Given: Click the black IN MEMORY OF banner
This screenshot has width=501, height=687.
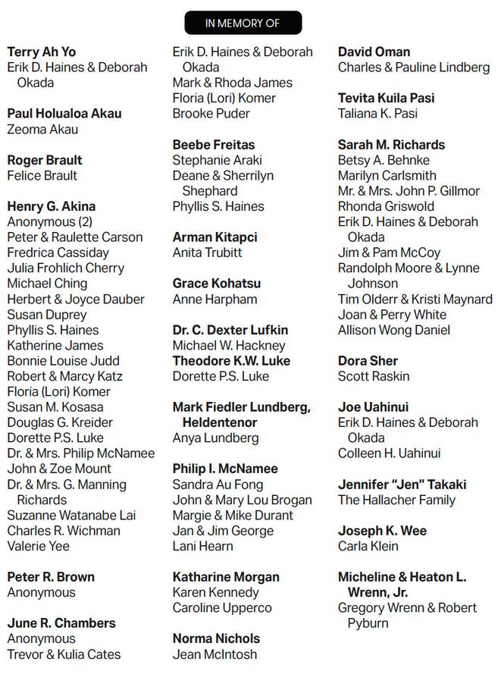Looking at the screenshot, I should [x=243, y=23].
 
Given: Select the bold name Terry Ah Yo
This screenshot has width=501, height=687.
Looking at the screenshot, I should [x=42, y=52].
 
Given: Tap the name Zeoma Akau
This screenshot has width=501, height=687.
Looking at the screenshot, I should [x=42, y=129].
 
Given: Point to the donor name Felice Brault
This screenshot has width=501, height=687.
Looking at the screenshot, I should [x=42, y=175].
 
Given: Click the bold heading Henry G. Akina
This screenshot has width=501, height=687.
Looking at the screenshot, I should [x=52, y=206].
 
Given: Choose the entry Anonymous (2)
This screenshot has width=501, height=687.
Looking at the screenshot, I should [x=50, y=221].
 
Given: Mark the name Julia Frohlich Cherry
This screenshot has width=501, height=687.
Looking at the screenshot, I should [x=66, y=268].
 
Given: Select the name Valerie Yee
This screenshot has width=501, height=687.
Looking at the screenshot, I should [x=38, y=546].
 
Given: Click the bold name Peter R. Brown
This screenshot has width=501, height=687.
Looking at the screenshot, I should [x=49, y=577].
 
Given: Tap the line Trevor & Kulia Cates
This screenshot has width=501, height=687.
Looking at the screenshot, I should [x=64, y=654].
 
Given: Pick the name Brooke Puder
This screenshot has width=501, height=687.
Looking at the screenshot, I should [x=211, y=113].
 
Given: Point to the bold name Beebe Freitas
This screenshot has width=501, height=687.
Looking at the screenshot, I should [x=214, y=144].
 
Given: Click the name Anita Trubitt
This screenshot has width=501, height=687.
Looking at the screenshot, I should [x=208, y=253].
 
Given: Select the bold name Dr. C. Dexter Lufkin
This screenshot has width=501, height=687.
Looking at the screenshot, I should [x=230, y=330].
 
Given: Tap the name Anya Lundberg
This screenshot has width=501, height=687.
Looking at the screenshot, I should [x=216, y=438].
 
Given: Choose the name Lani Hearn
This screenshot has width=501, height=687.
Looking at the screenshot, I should [x=204, y=546].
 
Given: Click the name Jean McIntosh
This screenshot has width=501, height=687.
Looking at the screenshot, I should [x=214, y=654].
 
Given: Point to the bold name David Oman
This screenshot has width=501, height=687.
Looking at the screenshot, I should [x=374, y=52].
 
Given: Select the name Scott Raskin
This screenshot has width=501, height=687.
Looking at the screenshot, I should [x=374, y=376].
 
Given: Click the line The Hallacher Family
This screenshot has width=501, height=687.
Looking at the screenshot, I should [x=396, y=500].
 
